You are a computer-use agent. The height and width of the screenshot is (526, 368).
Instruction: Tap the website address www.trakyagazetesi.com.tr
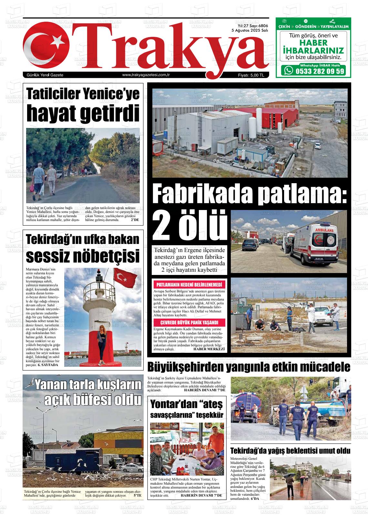pyautogui.click(x=146, y=75)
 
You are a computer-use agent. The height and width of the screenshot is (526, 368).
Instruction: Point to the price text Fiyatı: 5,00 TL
pyautogui.click(x=251, y=75)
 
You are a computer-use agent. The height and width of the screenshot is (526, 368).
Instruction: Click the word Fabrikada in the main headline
pyautogui.click(x=202, y=194)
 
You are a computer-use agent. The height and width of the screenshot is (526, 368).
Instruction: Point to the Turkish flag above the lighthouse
pyautogui.click(x=126, y=278)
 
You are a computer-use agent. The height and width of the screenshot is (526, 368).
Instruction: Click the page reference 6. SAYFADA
pyautogui.click(x=48, y=365)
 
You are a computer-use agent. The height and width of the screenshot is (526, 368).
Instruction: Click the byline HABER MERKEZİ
pyautogui.click(x=209, y=349)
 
